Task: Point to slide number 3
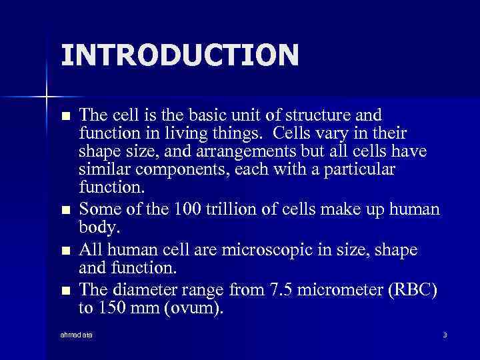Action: (x=445, y=334)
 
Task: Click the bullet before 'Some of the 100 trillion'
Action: (x=65, y=211)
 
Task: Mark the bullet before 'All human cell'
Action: (x=65, y=251)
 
